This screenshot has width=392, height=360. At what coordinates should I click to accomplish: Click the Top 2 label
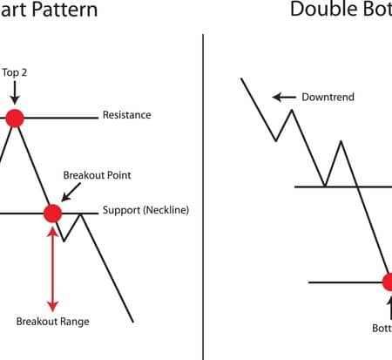[x=15, y=71]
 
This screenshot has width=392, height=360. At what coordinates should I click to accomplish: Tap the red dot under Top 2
[x=14, y=118]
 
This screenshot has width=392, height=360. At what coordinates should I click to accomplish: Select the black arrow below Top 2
[x=14, y=94]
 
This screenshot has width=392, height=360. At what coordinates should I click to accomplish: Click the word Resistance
[x=126, y=115]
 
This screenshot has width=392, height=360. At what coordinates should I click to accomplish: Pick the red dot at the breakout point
[x=52, y=213]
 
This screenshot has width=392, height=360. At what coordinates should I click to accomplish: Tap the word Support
[x=121, y=211]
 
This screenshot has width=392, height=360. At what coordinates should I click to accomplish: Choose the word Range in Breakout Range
[x=73, y=322]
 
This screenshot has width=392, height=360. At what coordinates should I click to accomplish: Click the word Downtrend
[x=328, y=98]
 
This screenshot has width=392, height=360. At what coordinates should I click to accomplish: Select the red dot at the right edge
[x=388, y=282]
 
